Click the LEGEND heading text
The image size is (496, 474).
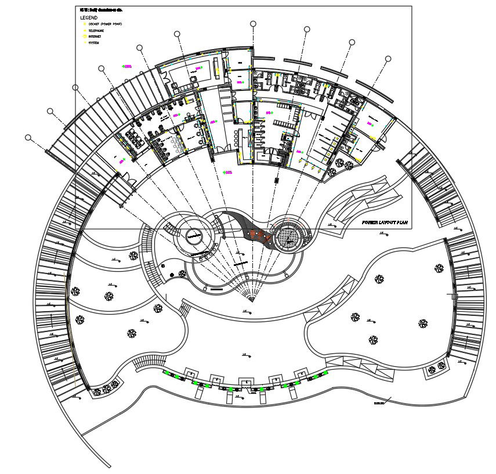(x=89, y=18)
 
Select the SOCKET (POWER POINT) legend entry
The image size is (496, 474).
(x=104, y=24)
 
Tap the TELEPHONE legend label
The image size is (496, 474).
(x=96, y=30)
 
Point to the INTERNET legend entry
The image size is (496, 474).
(x=95, y=37)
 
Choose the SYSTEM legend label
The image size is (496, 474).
(x=93, y=43)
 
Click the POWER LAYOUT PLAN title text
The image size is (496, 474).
(x=384, y=222)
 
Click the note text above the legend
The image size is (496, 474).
(x=101, y=10)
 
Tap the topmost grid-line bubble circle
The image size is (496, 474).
(x=253, y=24)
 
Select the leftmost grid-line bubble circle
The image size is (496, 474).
(x=28, y=137)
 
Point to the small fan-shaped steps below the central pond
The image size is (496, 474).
(x=251, y=296)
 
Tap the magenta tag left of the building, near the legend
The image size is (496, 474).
(x=127, y=67)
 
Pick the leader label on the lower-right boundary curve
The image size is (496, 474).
(x=379, y=403)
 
